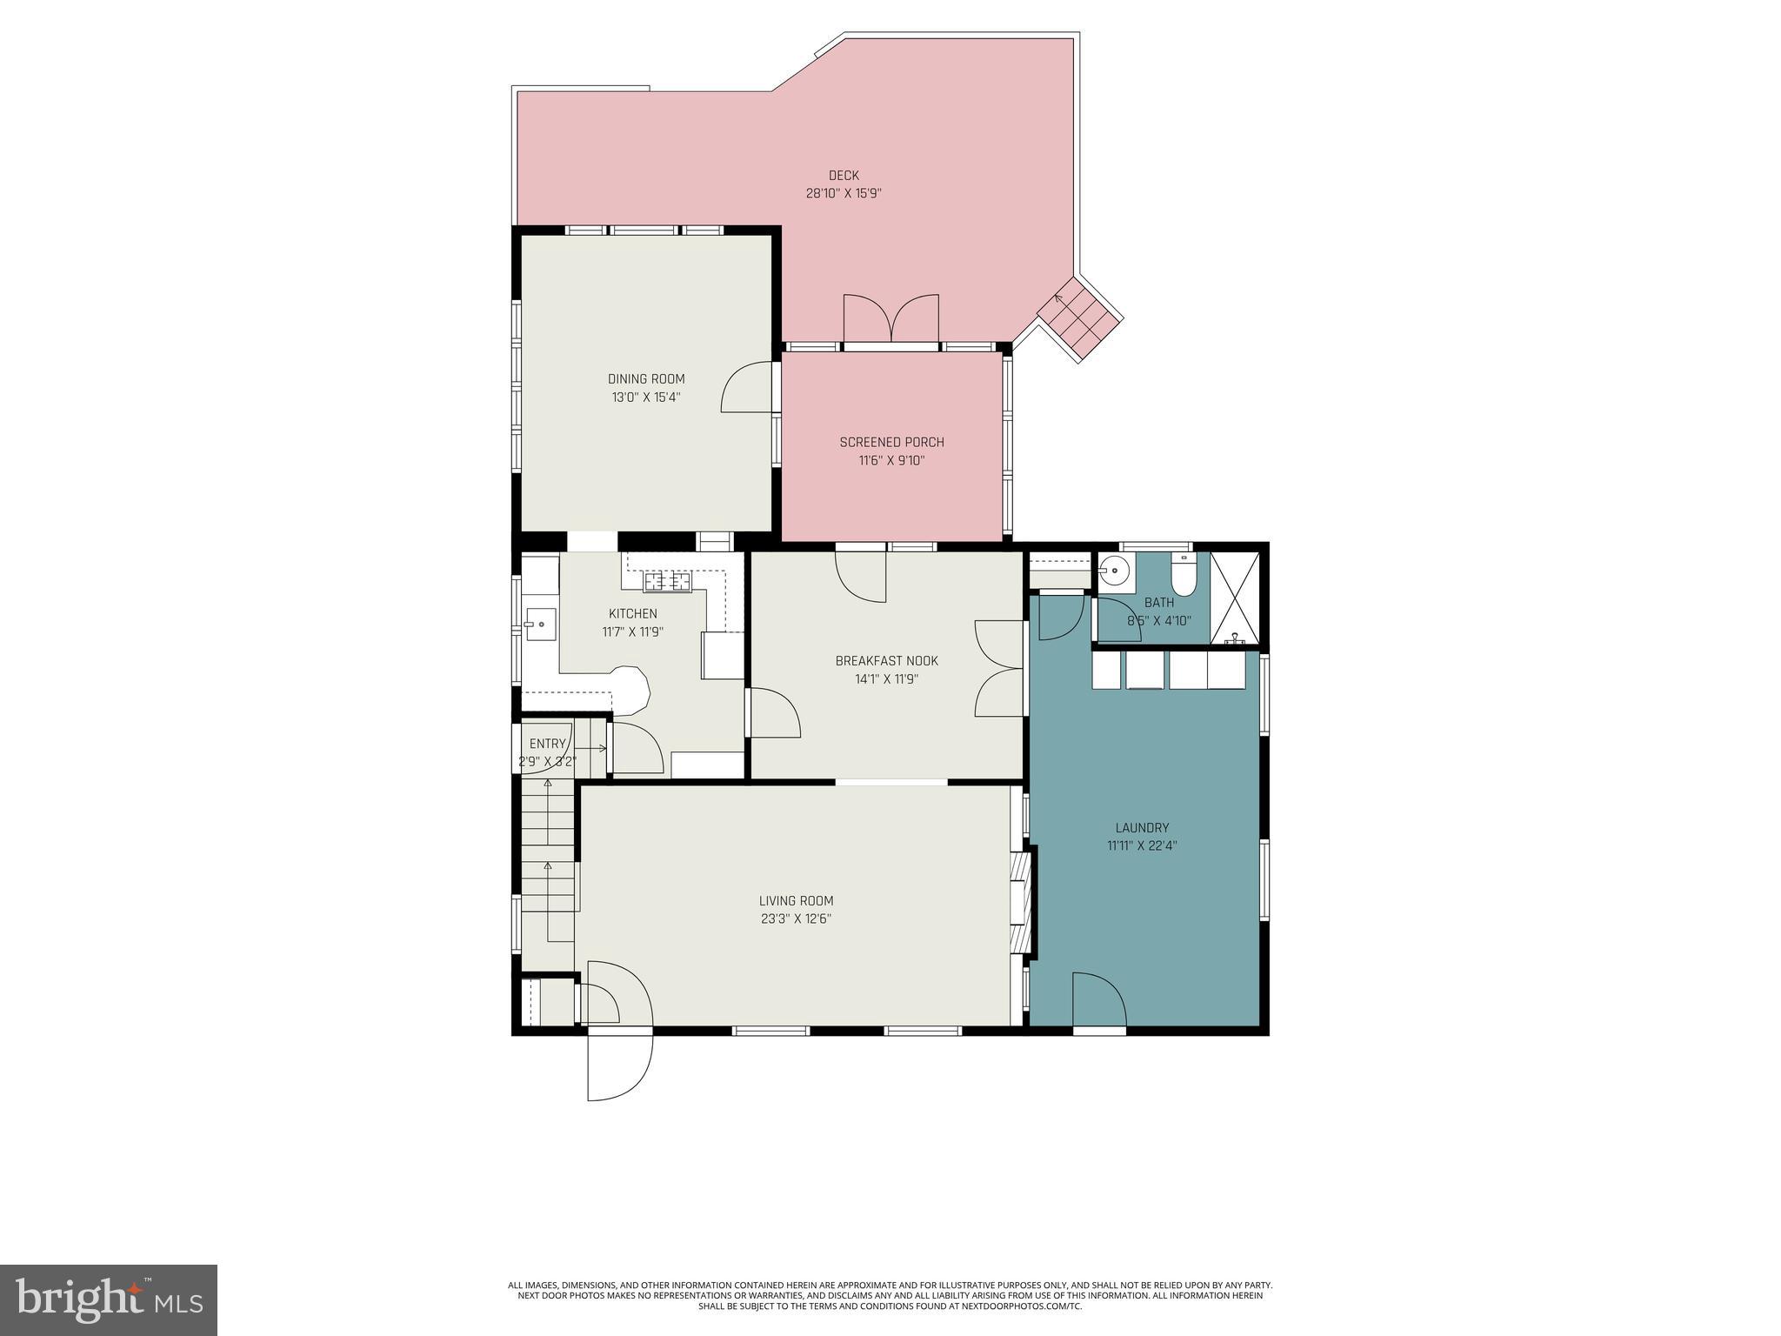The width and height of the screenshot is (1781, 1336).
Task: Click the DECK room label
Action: (x=843, y=176)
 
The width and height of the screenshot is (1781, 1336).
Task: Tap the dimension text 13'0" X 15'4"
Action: (x=645, y=397)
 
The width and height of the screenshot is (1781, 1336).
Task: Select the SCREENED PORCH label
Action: (x=891, y=443)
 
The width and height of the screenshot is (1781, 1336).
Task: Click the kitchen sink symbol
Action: (x=540, y=624)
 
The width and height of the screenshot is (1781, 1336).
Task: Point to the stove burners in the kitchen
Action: (x=667, y=581)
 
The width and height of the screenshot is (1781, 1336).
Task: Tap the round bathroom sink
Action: (x=1114, y=571)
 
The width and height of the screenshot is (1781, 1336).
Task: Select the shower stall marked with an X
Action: (x=1235, y=598)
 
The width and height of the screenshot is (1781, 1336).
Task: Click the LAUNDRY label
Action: (x=1142, y=828)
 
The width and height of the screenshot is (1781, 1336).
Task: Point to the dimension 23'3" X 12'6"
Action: (x=796, y=919)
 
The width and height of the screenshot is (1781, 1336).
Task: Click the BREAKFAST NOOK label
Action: (x=886, y=661)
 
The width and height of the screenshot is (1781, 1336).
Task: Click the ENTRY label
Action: (x=547, y=744)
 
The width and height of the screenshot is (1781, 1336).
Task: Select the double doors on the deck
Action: (x=891, y=319)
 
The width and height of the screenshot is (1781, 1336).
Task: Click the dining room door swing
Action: (x=747, y=389)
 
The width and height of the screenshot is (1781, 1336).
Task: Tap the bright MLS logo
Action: (x=109, y=1299)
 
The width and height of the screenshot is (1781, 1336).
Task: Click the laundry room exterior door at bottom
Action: (x=1098, y=1000)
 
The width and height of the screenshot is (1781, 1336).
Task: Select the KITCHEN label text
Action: (x=632, y=614)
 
